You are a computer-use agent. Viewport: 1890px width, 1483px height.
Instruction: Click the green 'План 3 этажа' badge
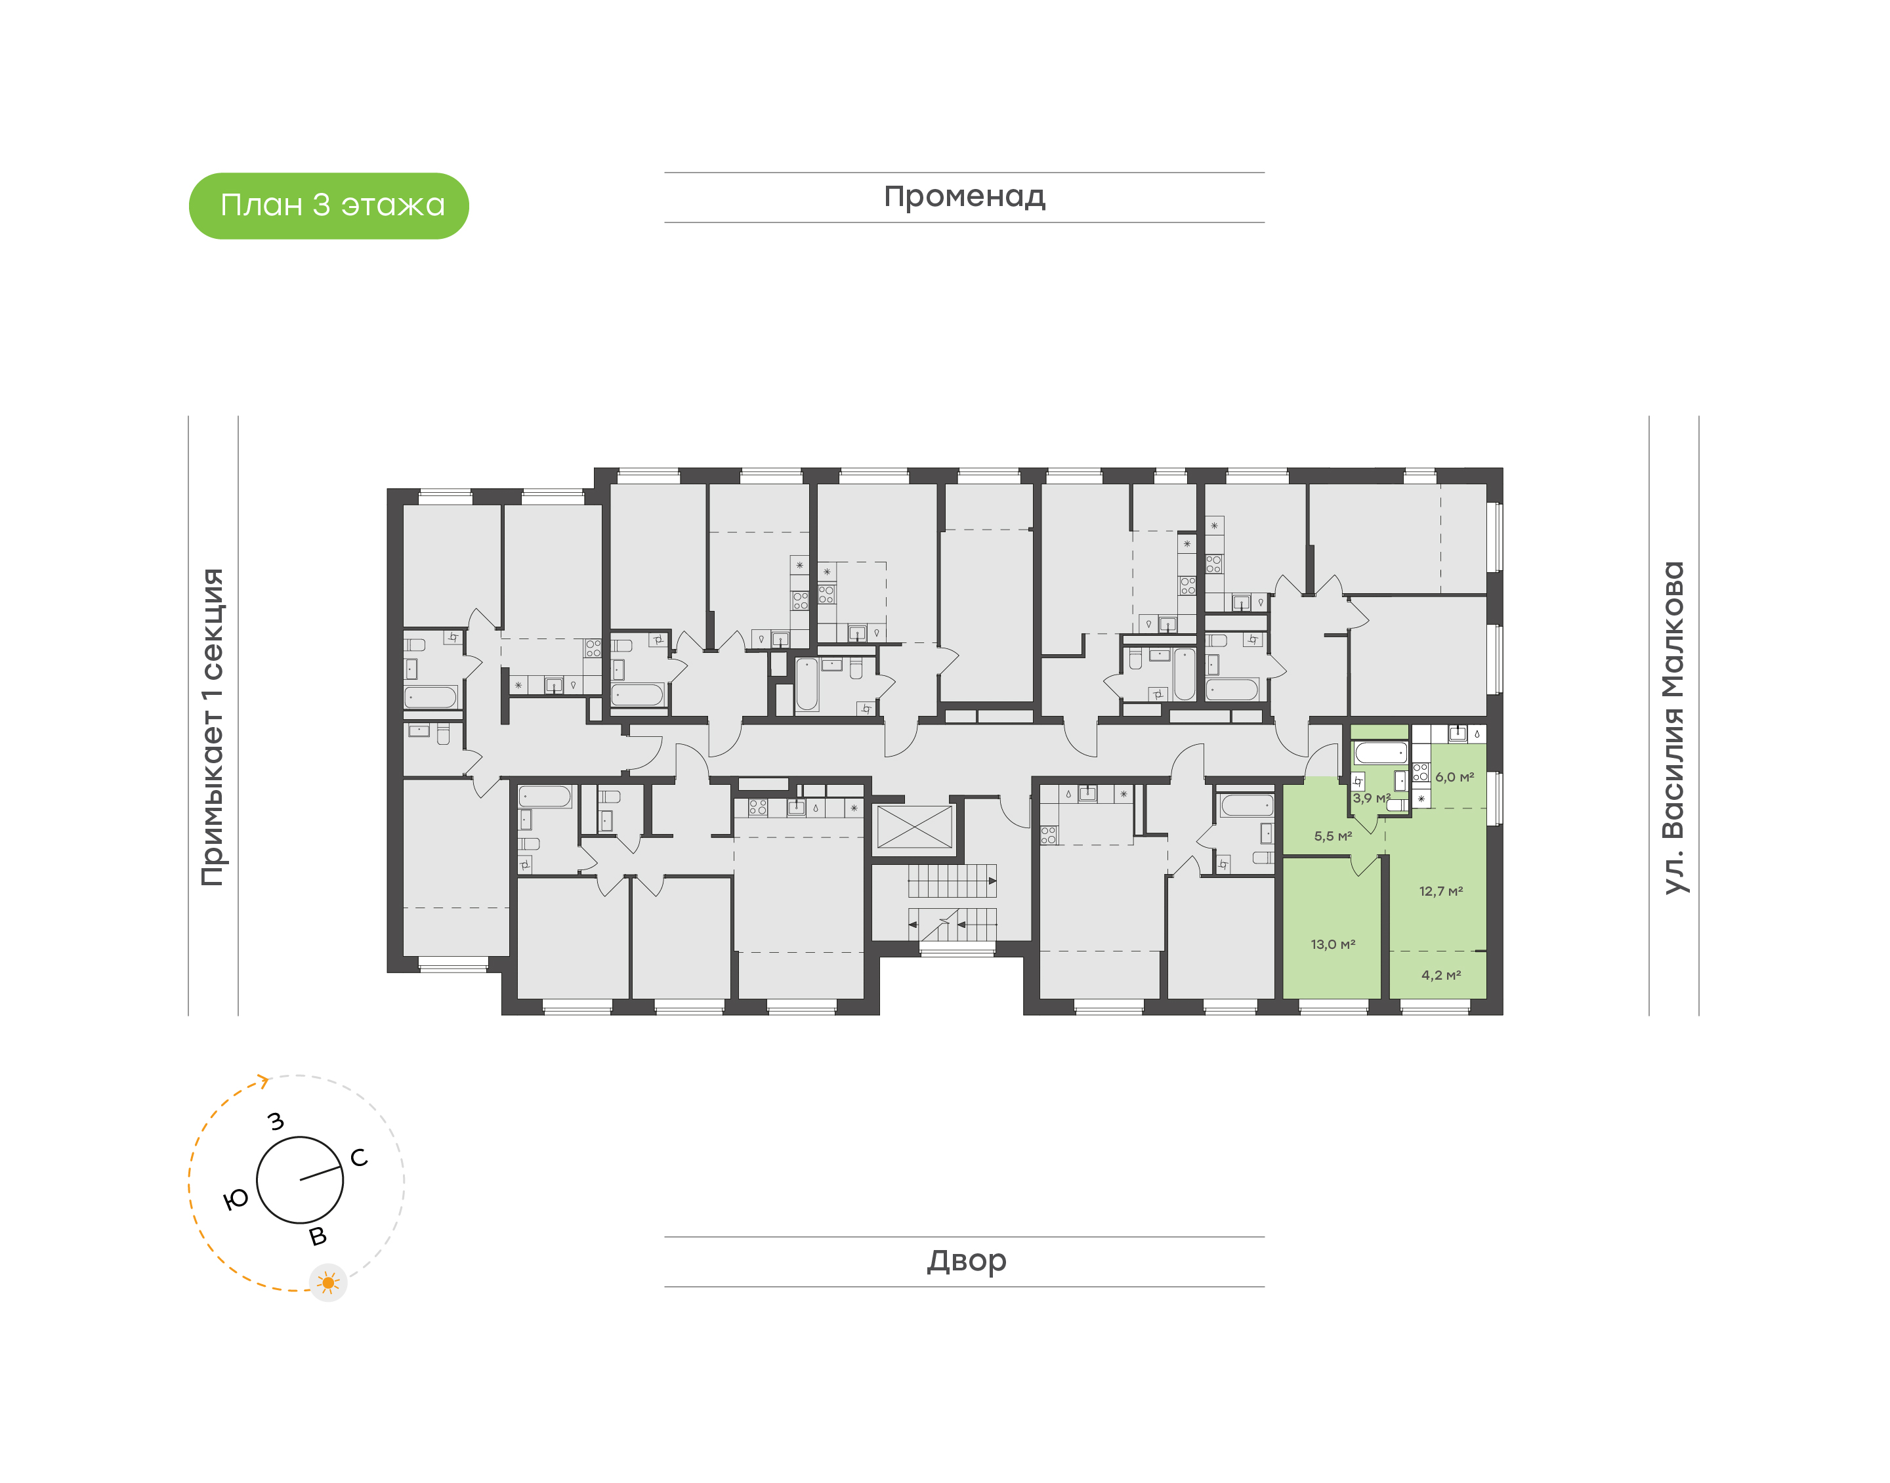pyautogui.click(x=328, y=206)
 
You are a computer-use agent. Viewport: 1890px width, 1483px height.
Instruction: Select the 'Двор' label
pyautogui.click(x=965, y=1260)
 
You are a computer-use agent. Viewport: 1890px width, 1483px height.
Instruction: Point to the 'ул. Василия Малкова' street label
pyautogui.click(x=1672, y=727)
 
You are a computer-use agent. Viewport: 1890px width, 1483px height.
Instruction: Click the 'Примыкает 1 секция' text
pyautogui.click(x=213, y=727)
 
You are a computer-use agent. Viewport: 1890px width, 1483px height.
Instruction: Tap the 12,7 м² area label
pyautogui.click(x=1440, y=891)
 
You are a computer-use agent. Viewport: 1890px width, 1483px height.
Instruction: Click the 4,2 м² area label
pyautogui.click(x=1440, y=975)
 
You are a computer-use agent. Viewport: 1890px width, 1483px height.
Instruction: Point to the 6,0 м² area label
pyautogui.click(x=1454, y=777)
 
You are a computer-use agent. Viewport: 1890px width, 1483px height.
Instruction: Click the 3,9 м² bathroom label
pyautogui.click(x=1371, y=798)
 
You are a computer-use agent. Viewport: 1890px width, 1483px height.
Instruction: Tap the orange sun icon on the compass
pyautogui.click(x=328, y=1282)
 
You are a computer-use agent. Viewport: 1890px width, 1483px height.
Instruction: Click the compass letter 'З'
pyautogui.click(x=276, y=1121)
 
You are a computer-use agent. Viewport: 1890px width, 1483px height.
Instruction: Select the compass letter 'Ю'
pyautogui.click(x=236, y=1200)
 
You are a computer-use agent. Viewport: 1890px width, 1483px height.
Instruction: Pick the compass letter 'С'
pyautogui.click(x=358, y=1158)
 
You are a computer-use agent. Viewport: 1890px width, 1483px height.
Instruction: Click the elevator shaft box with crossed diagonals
pyautogui.click(x=914, y=827)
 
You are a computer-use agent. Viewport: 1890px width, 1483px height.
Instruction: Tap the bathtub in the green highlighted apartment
pyautogui.click(x=1379, y=752)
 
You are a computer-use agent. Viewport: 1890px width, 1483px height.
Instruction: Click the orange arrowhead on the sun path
pyautogui.click(x=263, y=1080)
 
